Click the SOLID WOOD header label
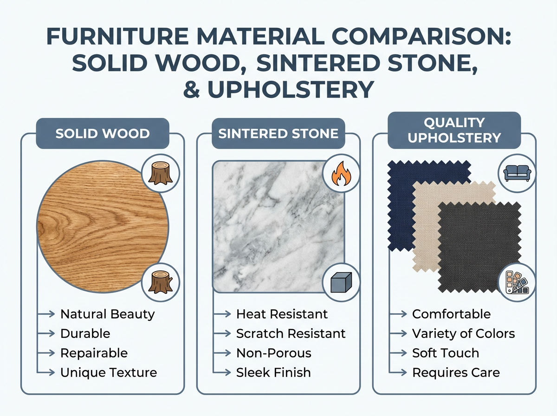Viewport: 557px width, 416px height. tap(102, 134)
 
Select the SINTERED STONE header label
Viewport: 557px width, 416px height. tap(278, 134)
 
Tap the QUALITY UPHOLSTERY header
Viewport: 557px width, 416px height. tap(454, 130)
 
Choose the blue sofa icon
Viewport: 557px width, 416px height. tap(516, 172)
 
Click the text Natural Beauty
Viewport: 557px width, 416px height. tap(107, 314)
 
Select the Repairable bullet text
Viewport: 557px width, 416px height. tap(94, 353)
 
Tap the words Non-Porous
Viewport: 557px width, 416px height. tap(273, 353)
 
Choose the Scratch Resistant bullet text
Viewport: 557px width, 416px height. tap(291, 333)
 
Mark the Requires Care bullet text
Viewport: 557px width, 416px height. tap(456, 372)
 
